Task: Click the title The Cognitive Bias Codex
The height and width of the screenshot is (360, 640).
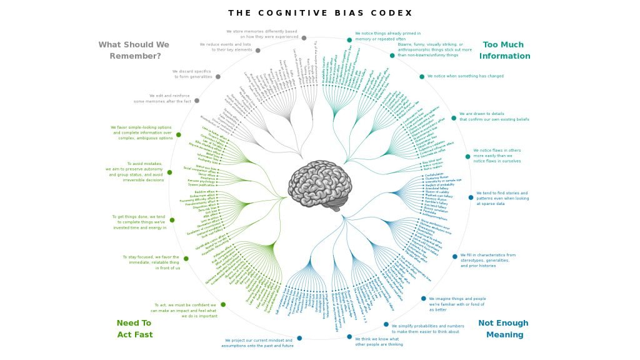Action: pyautogui.click(x=320, y=13)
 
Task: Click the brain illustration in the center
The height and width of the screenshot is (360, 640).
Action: pyautogui.click(x=321, y=185)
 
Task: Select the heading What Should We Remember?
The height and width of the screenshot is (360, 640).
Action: pyautogui.click(x=134, y=50)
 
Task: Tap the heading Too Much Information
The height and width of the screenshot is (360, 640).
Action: pyautogui.click(x=504, y=50)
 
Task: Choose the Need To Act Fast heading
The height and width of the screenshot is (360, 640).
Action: pyautogui.click(x=134, y=329)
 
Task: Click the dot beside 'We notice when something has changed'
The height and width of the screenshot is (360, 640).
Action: pyautogui.click(x=422, y=77)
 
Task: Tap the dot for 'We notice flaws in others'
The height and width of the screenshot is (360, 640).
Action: pyautogui.click(x=467, y=157)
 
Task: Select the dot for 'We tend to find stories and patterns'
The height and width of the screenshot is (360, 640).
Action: pyautogui.click(x=471, y=197)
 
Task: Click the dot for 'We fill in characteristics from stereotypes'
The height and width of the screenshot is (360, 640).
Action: pyautogui.click(x=455, y=256)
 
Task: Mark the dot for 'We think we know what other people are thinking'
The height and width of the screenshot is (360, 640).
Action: pyautogui.click(x=349, y=337)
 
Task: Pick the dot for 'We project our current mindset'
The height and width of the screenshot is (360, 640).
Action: pyautogui.click(x=299, y=338)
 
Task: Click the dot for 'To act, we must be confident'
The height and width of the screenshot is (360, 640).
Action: pyautogui.click(x=223, y=304)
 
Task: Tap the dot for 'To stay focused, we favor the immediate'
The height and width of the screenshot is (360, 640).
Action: pyautogui.click(x=186, y=258)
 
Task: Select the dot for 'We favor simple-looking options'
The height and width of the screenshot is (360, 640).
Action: pyautogui.click(x=179, y=134)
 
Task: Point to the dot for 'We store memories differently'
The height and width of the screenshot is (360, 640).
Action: pyautogui.click(x=304, y=38)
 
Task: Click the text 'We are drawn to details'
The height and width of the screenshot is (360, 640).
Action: pyautogui.click(x=494, y=116)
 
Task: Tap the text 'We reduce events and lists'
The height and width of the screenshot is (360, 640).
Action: pyautogui.click(x=225, y=47)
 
